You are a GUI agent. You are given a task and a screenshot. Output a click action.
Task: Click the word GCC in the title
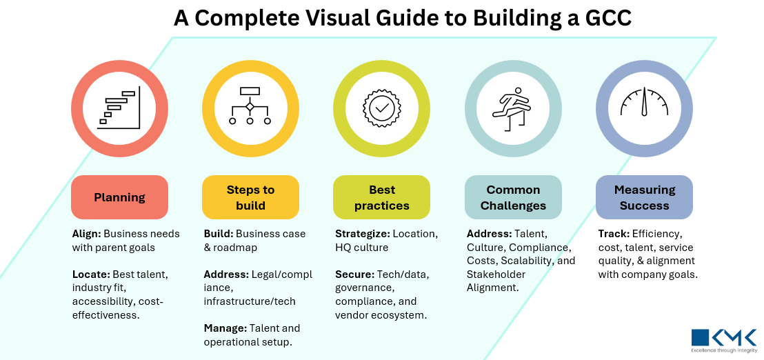605,18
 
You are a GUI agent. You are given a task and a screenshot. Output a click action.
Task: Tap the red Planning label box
119,197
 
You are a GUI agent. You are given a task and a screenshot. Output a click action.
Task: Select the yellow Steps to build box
250,197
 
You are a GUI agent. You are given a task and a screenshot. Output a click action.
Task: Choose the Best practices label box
381,197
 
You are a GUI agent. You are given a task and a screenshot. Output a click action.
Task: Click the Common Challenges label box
513,197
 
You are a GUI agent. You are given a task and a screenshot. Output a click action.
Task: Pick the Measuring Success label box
644,197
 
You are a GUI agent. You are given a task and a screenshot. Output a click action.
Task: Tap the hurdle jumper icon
513,108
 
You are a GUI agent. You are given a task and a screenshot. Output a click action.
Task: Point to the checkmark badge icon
381,108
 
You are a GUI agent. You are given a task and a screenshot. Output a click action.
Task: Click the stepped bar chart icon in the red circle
119,108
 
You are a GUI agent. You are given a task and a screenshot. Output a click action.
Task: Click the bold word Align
86,233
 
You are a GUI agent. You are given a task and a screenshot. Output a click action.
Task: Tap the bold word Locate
90,274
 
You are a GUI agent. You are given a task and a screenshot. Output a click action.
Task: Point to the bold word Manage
225,328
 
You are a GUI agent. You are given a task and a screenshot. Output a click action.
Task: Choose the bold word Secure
354,274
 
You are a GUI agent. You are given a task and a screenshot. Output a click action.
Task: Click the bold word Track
614,233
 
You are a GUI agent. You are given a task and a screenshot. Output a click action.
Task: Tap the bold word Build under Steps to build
218,233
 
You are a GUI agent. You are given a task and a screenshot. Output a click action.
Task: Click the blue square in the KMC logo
700,337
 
